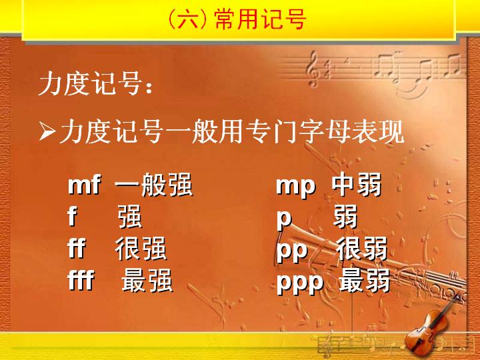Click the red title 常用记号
[x=260, y=19]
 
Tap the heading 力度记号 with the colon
[x=95, y=83]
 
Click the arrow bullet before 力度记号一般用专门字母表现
[x=47, y=131]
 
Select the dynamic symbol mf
[x=84, y=185]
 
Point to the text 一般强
[x=154, y=184]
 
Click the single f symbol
[x=72, y=216]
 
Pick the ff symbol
[x=76, y=248]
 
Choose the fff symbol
[x=81, y=280]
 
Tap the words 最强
[x=147, y=280]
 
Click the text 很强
[x=141, y=248]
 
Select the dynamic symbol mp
[x=295, y=186]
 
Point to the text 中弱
[x=357, y=184]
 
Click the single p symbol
[x=284, y=218]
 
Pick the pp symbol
[x=292, y=250]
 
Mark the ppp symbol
[x=300, y=282]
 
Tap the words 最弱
[x=365, y=280]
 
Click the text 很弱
[x=362, y=248]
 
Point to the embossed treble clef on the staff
[x=313, y=69]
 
